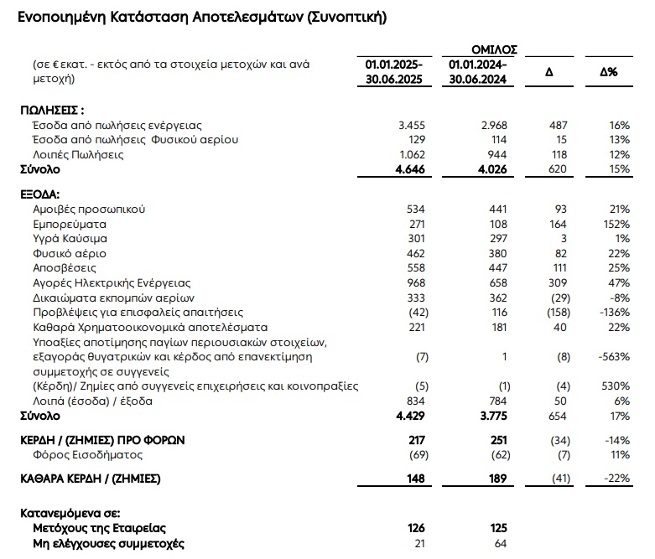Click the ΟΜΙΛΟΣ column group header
click(x=495, y=50)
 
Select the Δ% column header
click(x=609, y=72)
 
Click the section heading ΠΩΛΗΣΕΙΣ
click(x=52, y=110)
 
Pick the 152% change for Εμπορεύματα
click(x=615, y=224)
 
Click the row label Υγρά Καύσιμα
click(x=70, y=239)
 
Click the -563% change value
click(x=613, y=356)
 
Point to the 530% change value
click(x=614, y=386)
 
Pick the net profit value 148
click(x=415, y=479)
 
